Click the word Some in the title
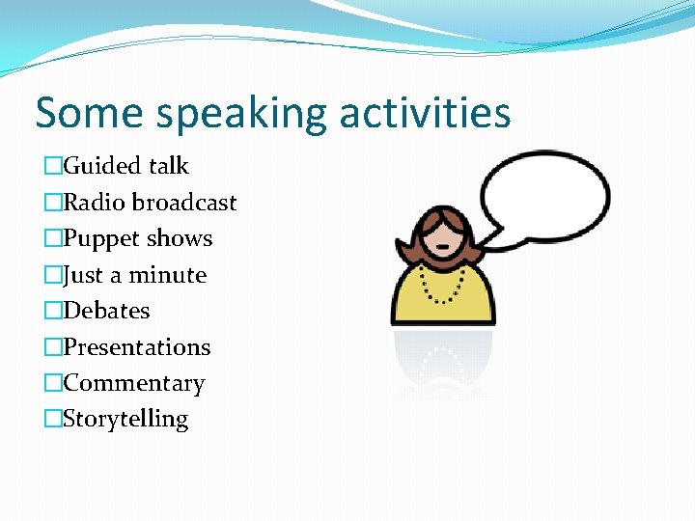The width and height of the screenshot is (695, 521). pos(90,113)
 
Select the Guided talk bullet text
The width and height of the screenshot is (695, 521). pos(125,166)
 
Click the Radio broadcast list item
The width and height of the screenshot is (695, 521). pos(149,203)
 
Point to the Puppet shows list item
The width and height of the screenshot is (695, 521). pos(137,238)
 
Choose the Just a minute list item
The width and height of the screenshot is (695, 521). pos(134,275)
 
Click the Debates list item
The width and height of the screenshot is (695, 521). pos(106,311)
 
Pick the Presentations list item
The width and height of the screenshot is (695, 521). pos(136,347)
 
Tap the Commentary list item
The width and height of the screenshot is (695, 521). pos(133,383)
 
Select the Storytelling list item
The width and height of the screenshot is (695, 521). pos(125,419)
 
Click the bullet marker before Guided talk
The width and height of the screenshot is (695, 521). pos(52,167)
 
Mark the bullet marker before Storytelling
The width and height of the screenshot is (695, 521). pos(52,420)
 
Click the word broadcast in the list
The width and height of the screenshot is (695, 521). pos(184,203)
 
